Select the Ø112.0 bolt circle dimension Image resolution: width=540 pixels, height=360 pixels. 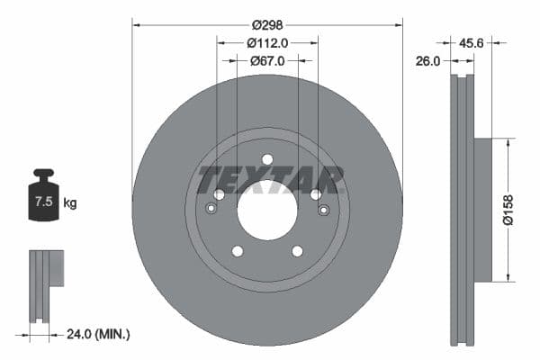click(266, 41)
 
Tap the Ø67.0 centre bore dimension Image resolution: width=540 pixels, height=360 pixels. click(267, 60)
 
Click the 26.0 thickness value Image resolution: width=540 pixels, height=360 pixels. click(428, 61)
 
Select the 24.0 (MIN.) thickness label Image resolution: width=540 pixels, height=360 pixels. click(99, 334)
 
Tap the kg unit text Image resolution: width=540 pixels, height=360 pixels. click(70, 203)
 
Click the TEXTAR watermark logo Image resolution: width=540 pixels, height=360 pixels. click(270, 179)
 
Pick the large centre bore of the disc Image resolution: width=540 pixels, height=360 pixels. click(267, 210)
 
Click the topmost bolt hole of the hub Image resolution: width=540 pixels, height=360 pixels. click(267, 159)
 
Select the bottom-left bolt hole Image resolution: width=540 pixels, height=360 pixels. click(237, 251)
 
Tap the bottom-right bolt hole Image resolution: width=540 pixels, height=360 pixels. click(298, 251)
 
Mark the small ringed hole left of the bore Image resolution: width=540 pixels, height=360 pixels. click(211, 210)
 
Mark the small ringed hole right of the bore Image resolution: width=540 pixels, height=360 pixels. click(323, 210)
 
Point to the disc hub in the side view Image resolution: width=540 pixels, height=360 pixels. click(483, 210)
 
